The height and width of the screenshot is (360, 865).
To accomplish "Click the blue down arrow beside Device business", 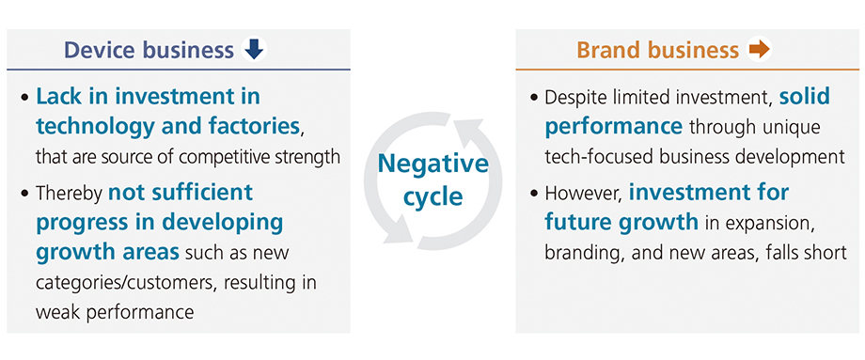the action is (254, 50).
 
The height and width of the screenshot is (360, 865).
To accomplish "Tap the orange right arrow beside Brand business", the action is (758, 50).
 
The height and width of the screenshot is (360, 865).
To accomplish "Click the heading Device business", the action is (149, 50).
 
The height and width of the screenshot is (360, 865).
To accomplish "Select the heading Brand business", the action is (657, 50).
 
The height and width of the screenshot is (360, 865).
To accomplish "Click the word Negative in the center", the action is (433, 164).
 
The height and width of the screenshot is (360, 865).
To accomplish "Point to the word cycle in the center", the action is (433, 196).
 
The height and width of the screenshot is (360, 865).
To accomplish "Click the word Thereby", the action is (69, 193).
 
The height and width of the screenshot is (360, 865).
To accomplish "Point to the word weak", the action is (56, 312).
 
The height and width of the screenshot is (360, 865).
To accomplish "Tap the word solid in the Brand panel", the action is (806, 97).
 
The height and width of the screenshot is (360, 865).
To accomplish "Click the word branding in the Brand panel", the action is (583, 253).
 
